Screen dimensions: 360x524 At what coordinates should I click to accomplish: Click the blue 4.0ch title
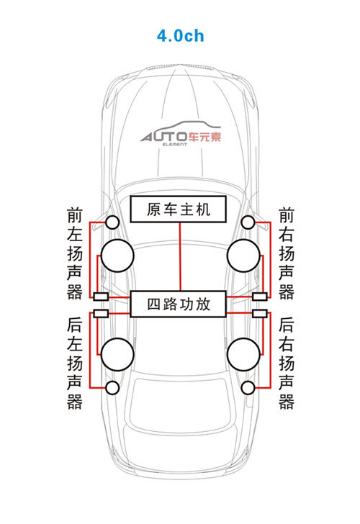tap(180, 35)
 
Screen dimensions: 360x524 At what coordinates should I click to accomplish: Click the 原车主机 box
tap(178, 209)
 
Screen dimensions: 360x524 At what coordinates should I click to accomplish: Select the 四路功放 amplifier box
tap(178, 304)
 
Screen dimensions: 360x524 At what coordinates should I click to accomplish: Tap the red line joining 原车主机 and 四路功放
tap(180, 256)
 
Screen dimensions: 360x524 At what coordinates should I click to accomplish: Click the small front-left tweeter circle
tap(112, 222)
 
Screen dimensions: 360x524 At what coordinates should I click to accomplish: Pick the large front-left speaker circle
tap(117, 256)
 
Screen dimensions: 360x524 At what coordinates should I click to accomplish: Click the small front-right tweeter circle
tap(248, 222)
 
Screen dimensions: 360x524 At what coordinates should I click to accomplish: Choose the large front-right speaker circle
tap(243, 256)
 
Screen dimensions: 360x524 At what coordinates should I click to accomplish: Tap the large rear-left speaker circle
tap(117, 354)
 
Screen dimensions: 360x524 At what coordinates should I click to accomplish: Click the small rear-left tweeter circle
tap(112, 388)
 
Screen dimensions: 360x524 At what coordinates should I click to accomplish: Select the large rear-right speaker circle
tap(243, 354)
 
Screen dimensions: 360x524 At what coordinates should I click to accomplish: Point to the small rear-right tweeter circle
tap(248, 388)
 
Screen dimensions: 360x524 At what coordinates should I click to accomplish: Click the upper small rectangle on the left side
tap(101, 297)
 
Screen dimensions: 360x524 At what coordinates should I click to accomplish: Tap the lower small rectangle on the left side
tap(101, 313)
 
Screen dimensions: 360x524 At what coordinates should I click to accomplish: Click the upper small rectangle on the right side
tap(260, 297)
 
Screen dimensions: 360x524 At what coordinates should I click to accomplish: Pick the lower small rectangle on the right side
tap(260, 313)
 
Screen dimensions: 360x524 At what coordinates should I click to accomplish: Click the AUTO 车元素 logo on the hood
tap(181, 134)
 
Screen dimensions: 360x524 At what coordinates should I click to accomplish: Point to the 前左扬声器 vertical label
tap(75, 253)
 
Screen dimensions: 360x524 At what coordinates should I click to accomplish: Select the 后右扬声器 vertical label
tap(287, 363)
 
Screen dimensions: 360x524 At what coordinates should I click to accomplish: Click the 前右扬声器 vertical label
tap(287, 253)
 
